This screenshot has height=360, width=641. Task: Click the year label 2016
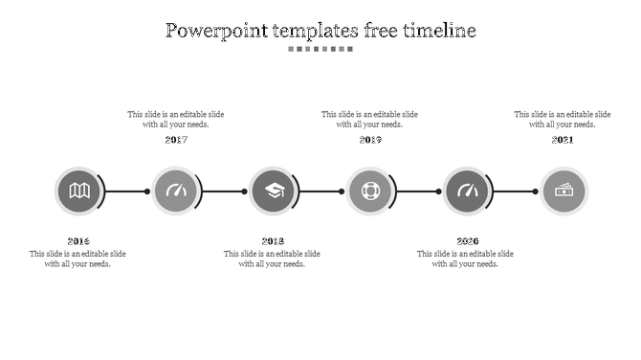tap(78, 241)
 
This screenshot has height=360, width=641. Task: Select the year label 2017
tap(176, 140)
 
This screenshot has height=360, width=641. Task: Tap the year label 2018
tap(273, 241)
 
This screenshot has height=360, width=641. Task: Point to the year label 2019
tap(370, 140)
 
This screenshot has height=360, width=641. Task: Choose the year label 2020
tap(467, 241)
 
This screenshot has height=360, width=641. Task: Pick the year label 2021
tap(563, 140)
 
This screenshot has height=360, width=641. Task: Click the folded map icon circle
tap(79, 191)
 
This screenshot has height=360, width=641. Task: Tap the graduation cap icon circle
tap(274, 191)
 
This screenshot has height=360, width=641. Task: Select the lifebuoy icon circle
tap(370, 191)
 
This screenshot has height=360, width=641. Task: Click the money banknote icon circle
tap(564, 191)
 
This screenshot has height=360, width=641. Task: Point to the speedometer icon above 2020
tap(468, 191)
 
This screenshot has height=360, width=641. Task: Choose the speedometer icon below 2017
tap(176, 191)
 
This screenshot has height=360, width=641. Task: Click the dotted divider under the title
tap(320, 49)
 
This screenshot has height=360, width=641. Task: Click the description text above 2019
tap(369, 120)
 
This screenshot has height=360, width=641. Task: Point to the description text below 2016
tap(77, 259)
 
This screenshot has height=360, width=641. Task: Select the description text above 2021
tap(563, 120)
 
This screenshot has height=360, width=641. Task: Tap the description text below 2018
tap(272, 259)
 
